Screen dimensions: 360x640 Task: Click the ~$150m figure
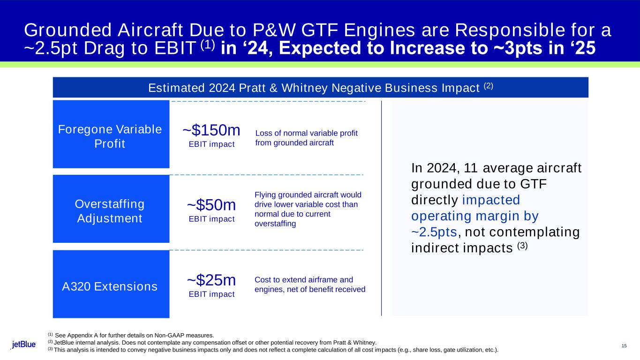coord(211,130)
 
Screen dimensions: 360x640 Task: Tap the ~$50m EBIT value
coord(211,205)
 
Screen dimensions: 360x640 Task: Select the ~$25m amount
coord(211,280)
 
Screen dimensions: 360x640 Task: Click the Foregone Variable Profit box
coord(111,134)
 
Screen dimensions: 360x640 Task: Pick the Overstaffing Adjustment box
coord(111,209)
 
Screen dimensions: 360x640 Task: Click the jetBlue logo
coord(24,345)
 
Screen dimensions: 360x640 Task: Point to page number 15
coord(624,346)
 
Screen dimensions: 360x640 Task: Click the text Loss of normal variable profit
coord(306,133)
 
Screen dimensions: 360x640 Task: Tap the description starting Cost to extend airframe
coord(309,284)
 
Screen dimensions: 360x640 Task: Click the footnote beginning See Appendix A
coord(134,335)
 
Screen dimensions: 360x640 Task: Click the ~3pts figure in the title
coord(526,48)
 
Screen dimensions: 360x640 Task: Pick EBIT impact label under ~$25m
coord(211,294)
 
